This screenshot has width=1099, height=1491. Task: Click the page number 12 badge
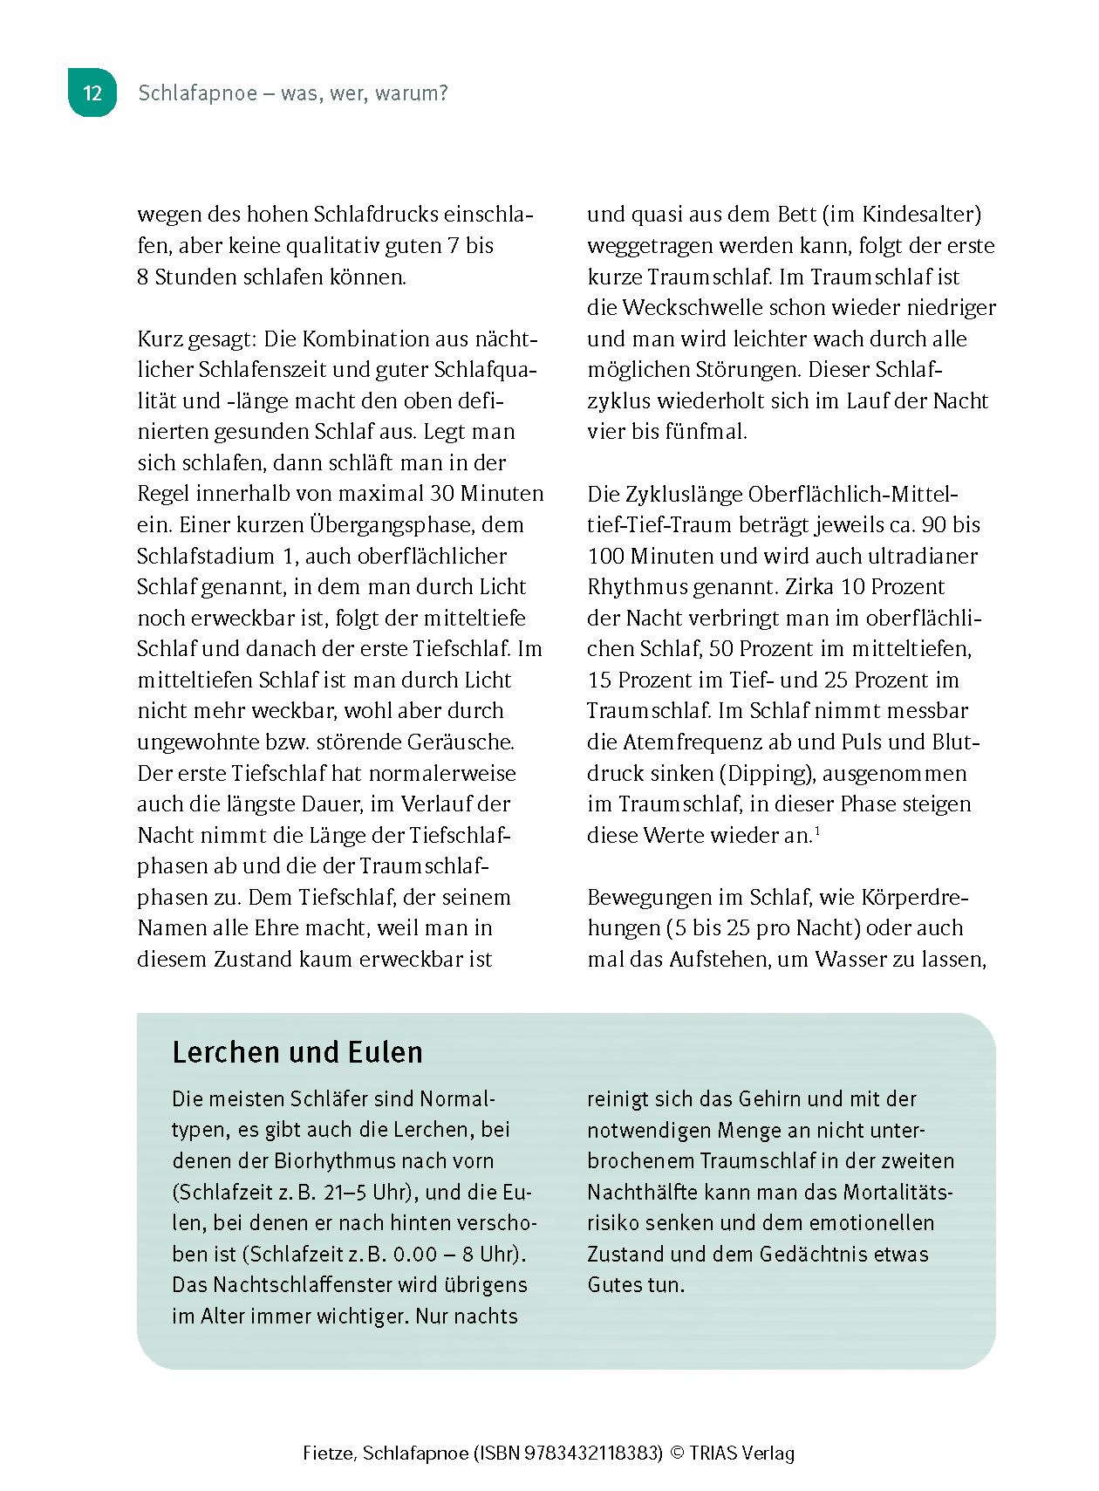point(92,93)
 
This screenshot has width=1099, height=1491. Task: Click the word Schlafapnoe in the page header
point(198,93)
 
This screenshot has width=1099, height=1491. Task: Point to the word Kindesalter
point(920,215)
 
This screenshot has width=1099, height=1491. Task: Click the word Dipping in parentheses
point(767,774)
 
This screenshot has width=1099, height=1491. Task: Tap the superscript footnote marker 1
point(817,831)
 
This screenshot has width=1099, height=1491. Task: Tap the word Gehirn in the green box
point(772,1099)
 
